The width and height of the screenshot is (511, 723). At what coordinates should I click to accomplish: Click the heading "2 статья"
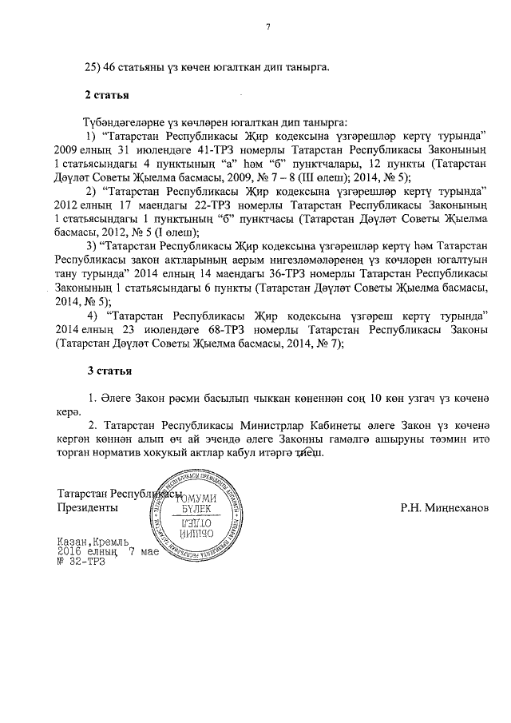(x=107, y=96)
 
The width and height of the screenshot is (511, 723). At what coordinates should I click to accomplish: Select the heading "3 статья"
(x=109, y=371)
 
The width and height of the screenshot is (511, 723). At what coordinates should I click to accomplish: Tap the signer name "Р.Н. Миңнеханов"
(x=446, y=507)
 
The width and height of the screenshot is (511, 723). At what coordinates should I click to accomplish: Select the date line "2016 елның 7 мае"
(x=109, y=551)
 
